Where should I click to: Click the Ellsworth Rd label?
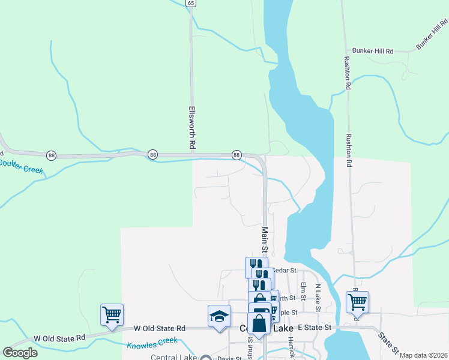pyautogui.click(x=192, y=127)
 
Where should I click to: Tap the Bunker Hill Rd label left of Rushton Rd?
pyautogui.click(x=373, y=51)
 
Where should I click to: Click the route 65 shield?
pyautogui.click(x=191, y=3)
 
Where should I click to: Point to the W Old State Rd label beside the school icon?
pyautogui.click(x=159, y=328)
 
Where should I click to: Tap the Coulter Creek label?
pyautogui.click(x=21, y=166)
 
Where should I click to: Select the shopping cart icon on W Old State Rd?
pyautogui.click(x=112, y=314)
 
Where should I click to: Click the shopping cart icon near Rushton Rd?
pyautogui.click(x=357, y=301)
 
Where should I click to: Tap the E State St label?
pyautogui.click(x=315, y=328)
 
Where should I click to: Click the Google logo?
pyautogui.click(x=20, y=352)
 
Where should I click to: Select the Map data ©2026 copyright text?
pyautogui.click(x=423, y=355)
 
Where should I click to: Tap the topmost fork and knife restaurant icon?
pyautogui.click(x=256, y=265)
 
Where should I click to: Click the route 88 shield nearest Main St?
pyautogui.click(x=237, y=155)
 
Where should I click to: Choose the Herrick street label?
pyautogui.click(x=291, y=347)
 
